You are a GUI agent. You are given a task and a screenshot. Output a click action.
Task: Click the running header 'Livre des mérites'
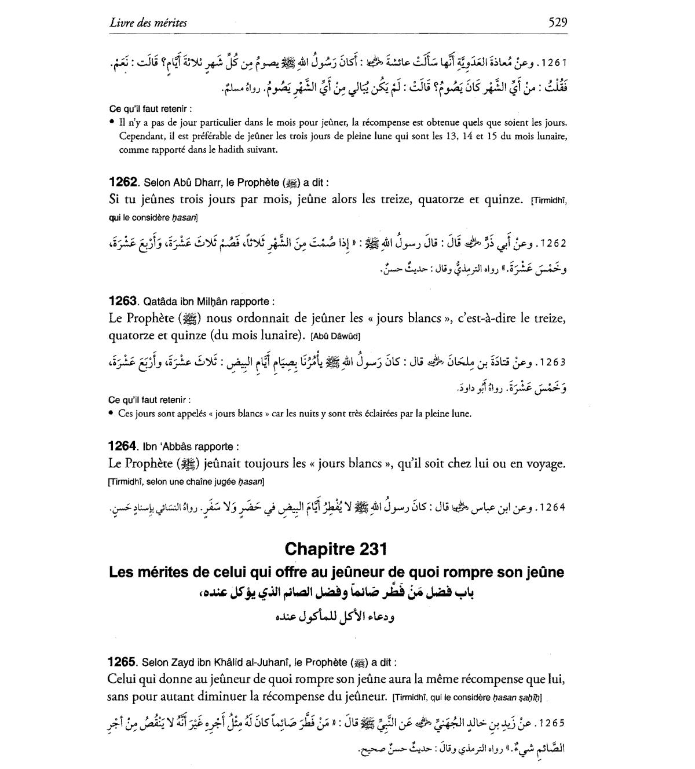pos(148,23)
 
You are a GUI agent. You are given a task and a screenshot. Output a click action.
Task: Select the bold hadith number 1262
pos(123,182)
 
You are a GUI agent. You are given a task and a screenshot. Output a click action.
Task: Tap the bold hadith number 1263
pos(123,301)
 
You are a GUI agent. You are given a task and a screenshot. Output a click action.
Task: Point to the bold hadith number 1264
pos(123,446)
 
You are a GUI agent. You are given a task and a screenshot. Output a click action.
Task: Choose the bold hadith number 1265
pos(123,662)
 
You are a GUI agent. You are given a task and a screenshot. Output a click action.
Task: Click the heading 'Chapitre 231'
pos(336,548)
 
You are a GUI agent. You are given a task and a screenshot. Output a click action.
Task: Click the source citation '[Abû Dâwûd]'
pos(336,336)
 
